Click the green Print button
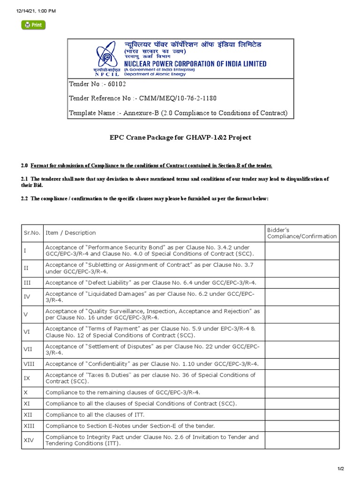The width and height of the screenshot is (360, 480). click(33, 25)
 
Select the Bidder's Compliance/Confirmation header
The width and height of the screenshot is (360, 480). click(301, 233)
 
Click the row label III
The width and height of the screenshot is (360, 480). click(27, 282)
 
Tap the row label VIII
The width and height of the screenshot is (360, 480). click(28, 364)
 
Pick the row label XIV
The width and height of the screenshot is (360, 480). click(28, 440)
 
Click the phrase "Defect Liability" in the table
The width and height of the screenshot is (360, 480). click(105, 282)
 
